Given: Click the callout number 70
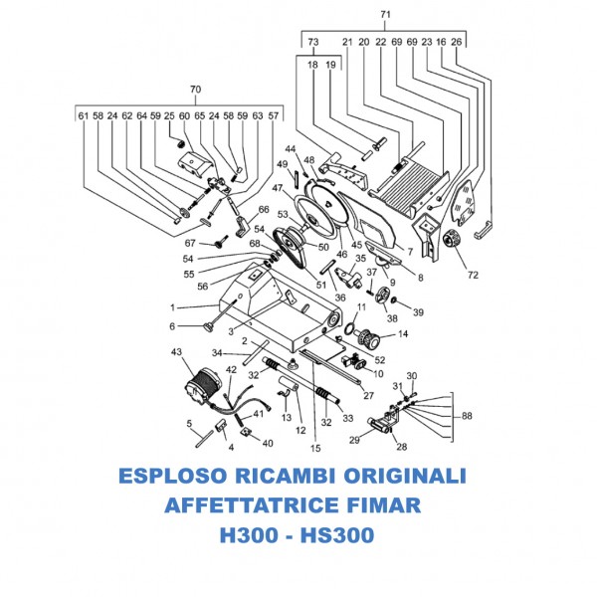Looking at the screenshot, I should pyautogui.click(x=195, y=90).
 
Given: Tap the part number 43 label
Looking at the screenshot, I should pyautogui.click(x=178, y=352).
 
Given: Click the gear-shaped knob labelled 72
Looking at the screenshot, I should pyautogui.click(x=447, y=240).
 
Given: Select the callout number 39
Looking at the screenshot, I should pyautogui.click(x=418, y=312).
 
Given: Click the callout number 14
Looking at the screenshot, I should pyautogui.click(x=402, y=334).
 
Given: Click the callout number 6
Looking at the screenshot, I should pyautogui.click(x=172, y=325).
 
